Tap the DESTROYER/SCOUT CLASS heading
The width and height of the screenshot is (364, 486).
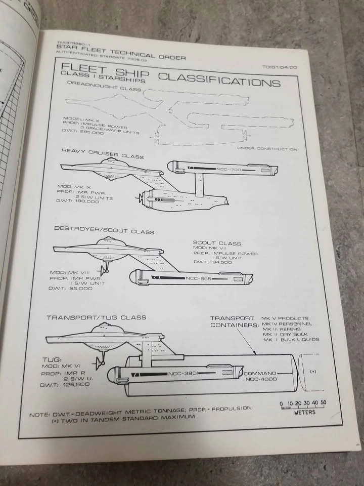coord(104,229)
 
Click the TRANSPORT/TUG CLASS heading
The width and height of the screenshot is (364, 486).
coord(96,317)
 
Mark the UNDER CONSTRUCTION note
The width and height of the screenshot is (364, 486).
coord(267,149)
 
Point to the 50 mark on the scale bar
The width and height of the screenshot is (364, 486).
coord(323,403)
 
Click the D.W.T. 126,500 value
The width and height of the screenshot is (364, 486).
coord(65,385)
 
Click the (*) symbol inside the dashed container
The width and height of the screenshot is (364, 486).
coord(313,372)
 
